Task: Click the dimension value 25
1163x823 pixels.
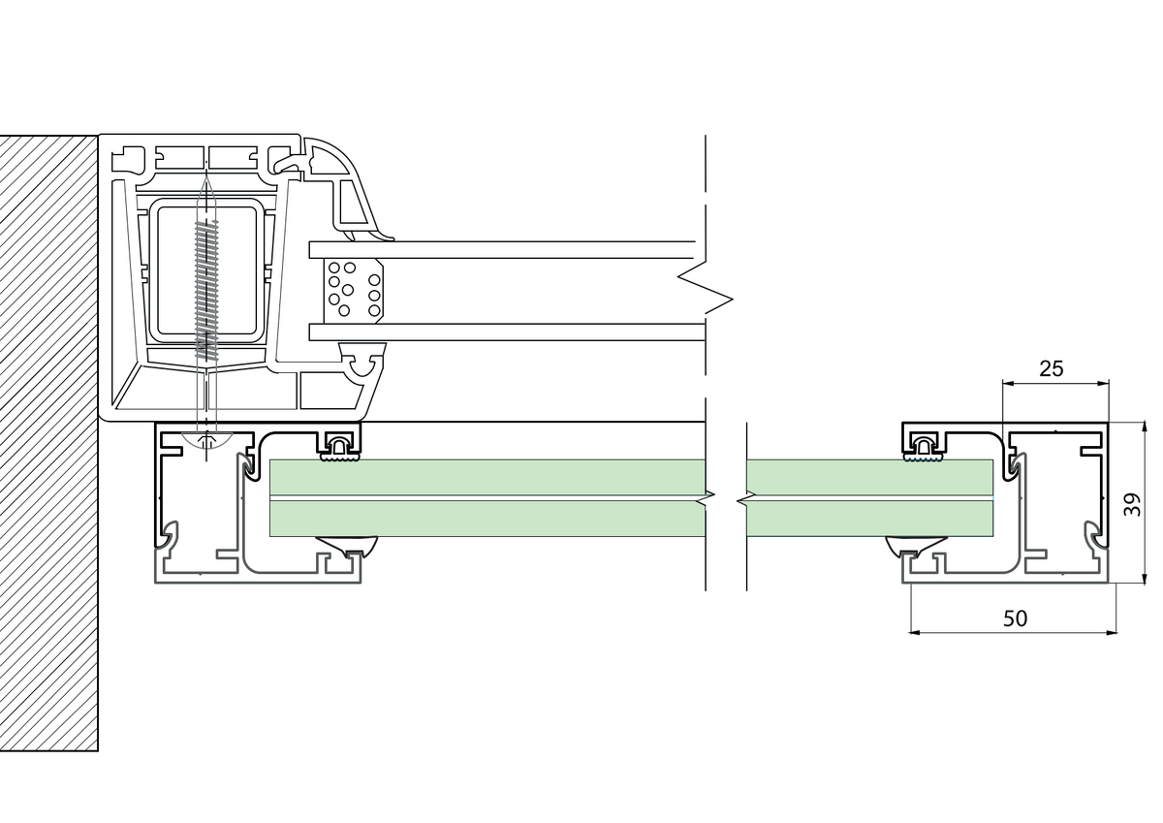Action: (1052, 368)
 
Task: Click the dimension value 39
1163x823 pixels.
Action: (1133, 505)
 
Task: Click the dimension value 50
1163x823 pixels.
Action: (1015, 618)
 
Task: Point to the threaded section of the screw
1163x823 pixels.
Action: (206, 290)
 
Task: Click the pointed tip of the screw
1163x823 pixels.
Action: (206, 177)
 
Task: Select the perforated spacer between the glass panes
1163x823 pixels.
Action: (354, 291)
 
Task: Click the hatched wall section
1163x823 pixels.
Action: (48, 444)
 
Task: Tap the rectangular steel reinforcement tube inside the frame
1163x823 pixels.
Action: (206, 271)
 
